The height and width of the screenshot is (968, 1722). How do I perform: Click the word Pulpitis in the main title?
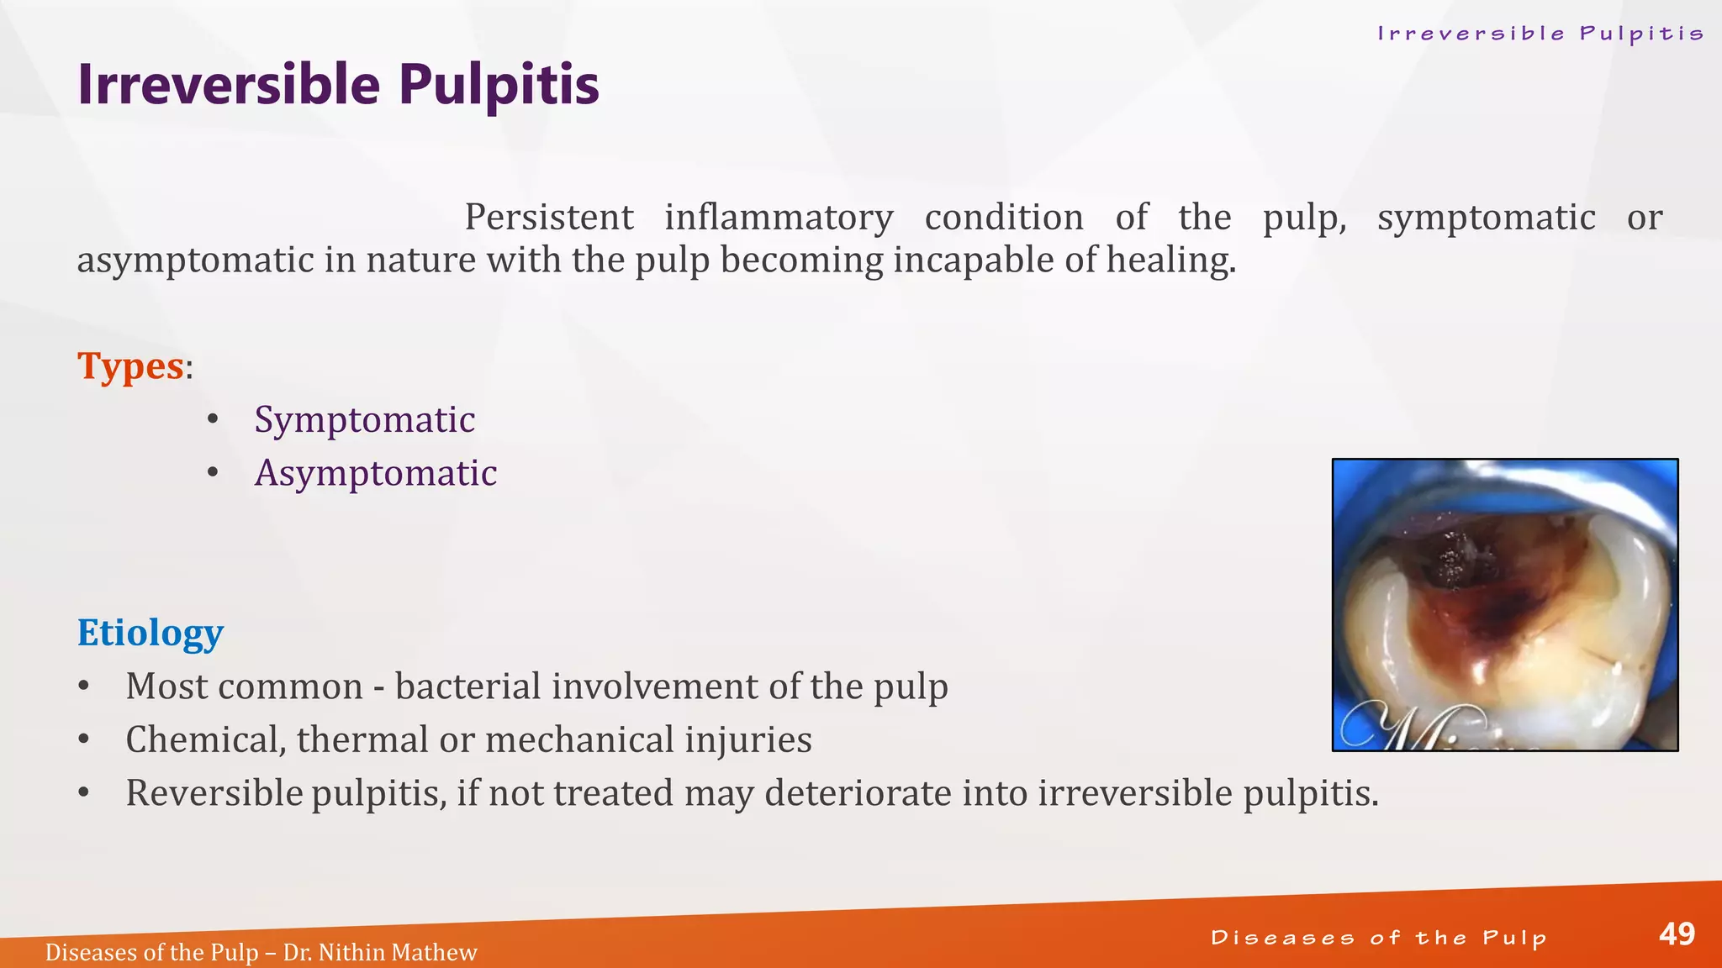click(499, 85)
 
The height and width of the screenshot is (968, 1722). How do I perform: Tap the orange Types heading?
click(130, 366)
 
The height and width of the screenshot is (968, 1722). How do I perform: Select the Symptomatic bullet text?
click(364, 419)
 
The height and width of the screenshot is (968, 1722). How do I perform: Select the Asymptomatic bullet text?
click(375, 473)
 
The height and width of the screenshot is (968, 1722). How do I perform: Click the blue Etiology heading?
click(150, 633)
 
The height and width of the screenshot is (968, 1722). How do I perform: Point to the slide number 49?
click(1677, 934)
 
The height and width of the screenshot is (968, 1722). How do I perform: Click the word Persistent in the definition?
click(548, 218)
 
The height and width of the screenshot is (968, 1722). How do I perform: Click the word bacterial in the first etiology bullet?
click(468, 687)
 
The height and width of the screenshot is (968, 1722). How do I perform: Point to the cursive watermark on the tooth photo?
click(1413, 725)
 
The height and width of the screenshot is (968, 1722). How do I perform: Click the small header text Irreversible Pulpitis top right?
click(1540, 34)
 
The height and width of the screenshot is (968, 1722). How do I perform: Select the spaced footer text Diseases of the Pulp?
click(1378, 938)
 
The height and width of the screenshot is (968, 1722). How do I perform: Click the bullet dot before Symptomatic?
click(213, 419)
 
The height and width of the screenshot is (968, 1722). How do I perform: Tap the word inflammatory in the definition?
click(779, 218)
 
